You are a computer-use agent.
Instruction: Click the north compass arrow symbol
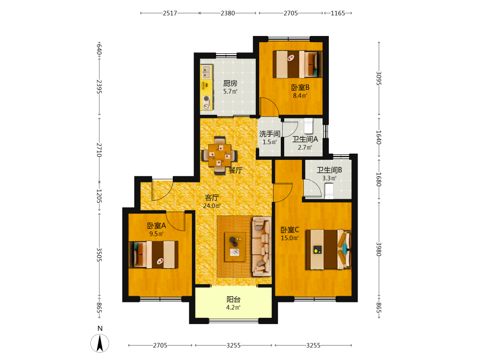click(100, 343)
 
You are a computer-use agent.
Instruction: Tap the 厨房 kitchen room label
click(230, 83)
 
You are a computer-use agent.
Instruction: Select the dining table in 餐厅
click(219, 155)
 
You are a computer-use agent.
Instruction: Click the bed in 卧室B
click(297, 64)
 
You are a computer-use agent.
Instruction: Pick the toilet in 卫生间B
click(329, 191)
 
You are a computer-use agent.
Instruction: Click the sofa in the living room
click(262, 246)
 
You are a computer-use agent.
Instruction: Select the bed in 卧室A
click(154, 255)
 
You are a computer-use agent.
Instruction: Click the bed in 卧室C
click(328, 250)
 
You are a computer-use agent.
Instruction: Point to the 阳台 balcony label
click(233, 300)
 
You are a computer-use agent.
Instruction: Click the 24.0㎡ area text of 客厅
click(212, 206)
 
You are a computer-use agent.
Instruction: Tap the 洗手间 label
click(270, 134)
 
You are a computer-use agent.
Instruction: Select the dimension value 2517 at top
click(170, 13)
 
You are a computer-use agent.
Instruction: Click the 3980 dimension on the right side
click(379, 249)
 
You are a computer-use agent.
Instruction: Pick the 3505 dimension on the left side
click(99, 255)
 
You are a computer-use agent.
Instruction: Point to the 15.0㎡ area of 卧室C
click(289, 238)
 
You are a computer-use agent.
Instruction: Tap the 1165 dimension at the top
click(337, 13)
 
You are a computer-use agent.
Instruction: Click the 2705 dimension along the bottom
click(160, 345)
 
